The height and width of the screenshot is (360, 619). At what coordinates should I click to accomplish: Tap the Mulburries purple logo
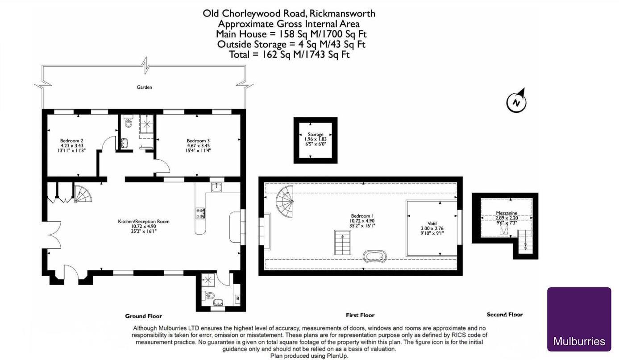579,319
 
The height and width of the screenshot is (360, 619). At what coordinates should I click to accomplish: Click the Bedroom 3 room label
198,145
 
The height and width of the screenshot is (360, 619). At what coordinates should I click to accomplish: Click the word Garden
144,87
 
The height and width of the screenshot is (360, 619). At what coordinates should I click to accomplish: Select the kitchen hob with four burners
200,213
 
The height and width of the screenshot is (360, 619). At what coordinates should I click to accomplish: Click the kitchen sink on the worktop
216,187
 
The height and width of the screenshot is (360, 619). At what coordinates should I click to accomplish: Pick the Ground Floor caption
143,316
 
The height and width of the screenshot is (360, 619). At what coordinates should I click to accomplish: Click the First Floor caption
360,315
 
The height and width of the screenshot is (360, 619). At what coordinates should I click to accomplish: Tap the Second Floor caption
504,314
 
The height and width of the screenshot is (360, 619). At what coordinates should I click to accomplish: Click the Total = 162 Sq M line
289,54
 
